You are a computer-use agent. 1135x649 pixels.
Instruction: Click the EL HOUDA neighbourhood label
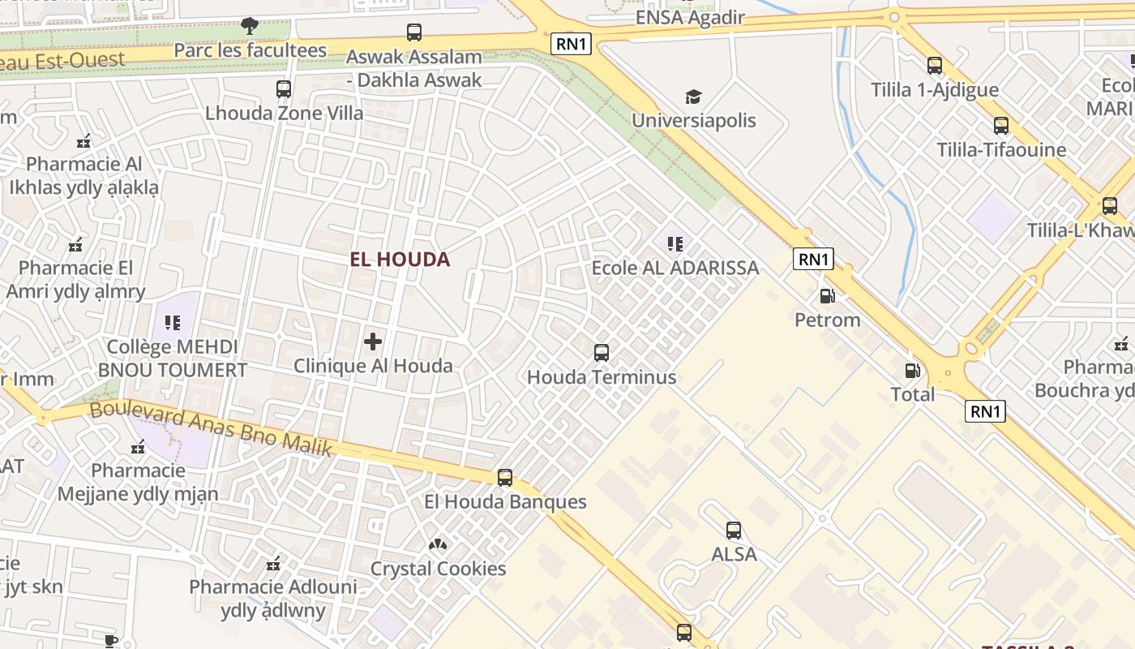click(x=400, y=260)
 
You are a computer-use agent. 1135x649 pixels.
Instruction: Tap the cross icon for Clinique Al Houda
click(x=373, y=342)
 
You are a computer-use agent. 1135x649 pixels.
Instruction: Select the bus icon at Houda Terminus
click(x=602, y=353)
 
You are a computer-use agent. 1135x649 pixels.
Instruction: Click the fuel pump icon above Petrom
click(x=827, y=296)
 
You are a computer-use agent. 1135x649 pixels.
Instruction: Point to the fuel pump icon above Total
click(x=913, y=371)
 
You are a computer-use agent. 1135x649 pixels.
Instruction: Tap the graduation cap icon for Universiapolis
click(x=693, y=97)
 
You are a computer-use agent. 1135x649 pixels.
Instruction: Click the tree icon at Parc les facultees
click(x=250, y=26)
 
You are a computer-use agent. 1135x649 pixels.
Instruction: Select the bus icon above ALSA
click(x=734, y=531)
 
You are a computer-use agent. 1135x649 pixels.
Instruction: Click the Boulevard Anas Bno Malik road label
click(x=211, y=429)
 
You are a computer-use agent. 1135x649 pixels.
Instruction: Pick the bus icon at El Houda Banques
click(x=505, y=478)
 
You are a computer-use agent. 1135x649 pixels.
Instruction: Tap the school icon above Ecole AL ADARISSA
click(x=675, y=243)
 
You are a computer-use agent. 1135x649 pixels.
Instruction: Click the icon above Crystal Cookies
click(x=438, y=544)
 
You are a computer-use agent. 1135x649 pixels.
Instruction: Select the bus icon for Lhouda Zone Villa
click(x=283, y=89)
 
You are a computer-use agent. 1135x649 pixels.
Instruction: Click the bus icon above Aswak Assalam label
click(x=414, y=32)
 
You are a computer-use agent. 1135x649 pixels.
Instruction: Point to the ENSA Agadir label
click(x=690, y=17)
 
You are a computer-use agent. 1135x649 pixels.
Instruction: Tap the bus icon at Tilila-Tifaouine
click(x=1001, y=126)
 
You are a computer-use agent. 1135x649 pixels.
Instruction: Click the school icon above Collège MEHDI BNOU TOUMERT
click(x=173, y=323)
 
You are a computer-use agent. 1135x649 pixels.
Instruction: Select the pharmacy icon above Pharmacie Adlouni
click(x=273, y=563)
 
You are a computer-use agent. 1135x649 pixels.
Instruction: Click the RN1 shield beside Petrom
click(x=814, y=259)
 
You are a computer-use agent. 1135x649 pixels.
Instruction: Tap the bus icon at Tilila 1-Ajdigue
click(x=935, y=66)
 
